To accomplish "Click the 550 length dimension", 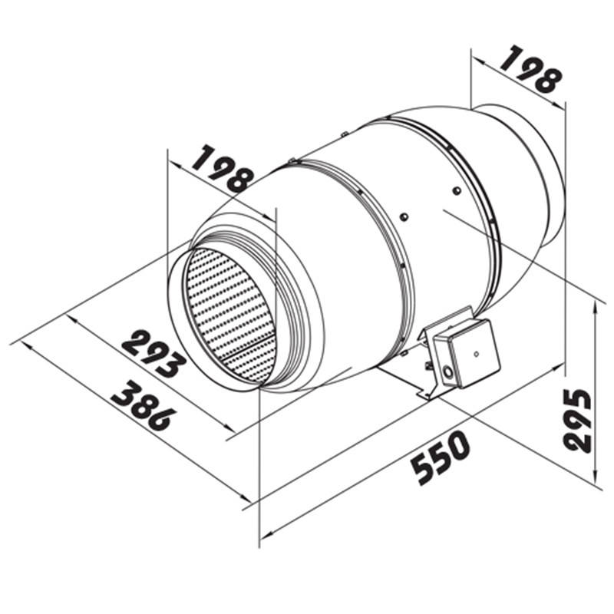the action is click(x=441, y=457).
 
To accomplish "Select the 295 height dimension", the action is click(x=577, y=421).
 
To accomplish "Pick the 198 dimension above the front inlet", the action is click(x=222, y=168).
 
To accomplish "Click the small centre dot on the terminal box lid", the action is click(x=476, y=354).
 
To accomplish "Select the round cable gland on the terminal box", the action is click(x=446, y=370).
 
